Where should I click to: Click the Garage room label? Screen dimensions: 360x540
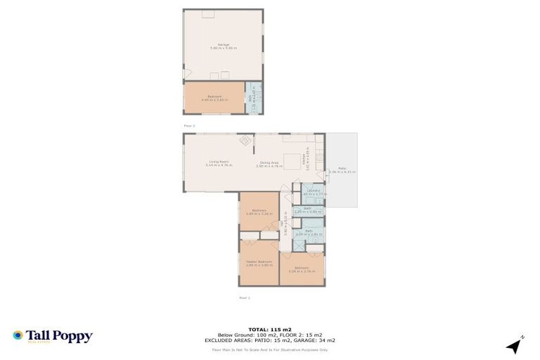pos(223,46)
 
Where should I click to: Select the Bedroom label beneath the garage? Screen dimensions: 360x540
pos(215,98)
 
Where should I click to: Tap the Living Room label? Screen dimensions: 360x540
pos(219,163)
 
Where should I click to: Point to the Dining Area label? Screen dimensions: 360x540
pos(269,163)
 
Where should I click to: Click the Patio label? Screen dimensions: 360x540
pos(342,169)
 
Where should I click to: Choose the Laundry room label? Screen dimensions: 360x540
pos(314,191)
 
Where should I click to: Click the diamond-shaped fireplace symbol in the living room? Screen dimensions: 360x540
pos(245,141)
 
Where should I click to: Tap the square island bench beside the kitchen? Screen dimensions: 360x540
pos(290,159)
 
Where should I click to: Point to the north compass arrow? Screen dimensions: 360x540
pos(516,345)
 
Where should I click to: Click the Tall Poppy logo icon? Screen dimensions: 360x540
pos(18,336)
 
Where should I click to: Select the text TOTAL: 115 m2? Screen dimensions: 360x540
pos(269,329)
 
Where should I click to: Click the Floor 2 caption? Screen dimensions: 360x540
pos(188,126)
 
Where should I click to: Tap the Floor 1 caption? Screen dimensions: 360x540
pos(244,297)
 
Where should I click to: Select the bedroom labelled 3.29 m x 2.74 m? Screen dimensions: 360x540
pos(302,269)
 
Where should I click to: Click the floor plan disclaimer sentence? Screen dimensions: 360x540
pos(269,349)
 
